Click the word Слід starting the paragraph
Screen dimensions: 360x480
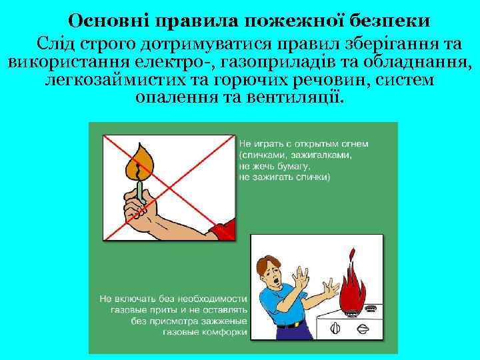(57, 46)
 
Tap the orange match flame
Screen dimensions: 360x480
(141, 161)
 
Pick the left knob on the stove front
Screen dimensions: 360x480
(337, 329)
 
